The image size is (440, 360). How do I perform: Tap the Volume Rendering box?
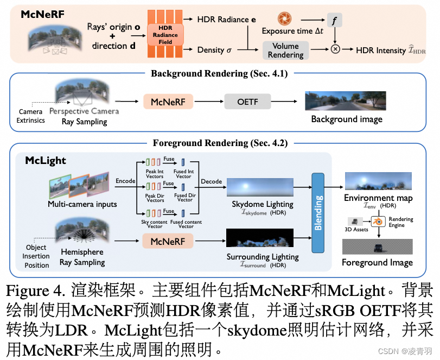tap(285, 50)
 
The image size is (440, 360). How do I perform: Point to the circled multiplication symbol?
tap(335, 49)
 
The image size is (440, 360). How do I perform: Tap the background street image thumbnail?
tap(345, 101)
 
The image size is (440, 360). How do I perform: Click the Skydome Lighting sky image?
tap(263, 187)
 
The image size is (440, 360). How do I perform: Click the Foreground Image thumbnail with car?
tap(377, 247)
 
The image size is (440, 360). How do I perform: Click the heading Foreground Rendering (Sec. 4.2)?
tap(220, 143)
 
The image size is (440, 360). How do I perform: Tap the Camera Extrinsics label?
tap(30, 116)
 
